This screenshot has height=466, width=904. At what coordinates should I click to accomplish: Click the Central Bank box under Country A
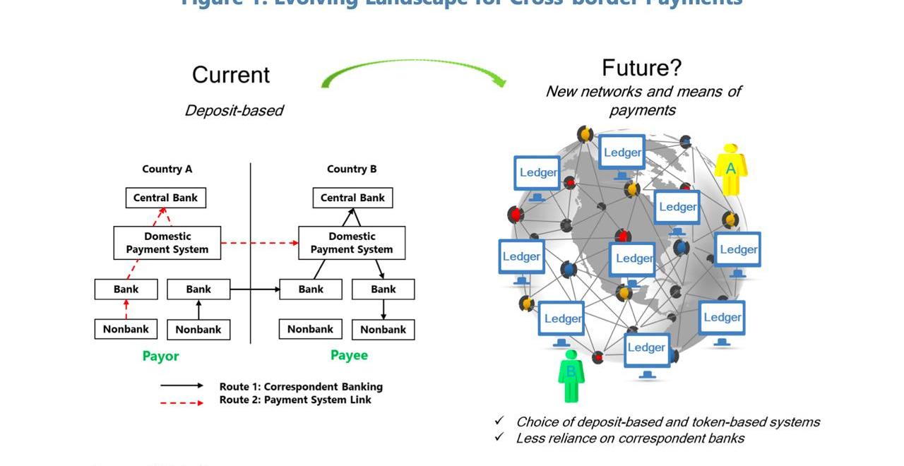(166, 198)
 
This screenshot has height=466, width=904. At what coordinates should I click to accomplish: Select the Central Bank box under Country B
(352, 198)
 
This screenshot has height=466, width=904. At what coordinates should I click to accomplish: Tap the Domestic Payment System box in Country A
(167, 243)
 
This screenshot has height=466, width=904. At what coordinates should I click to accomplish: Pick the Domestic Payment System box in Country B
(352, 243)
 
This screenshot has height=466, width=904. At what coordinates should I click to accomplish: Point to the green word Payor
(160, 356)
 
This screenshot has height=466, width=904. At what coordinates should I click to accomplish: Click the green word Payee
(349, 355)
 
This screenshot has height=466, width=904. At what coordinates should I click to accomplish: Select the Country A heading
(167, 169)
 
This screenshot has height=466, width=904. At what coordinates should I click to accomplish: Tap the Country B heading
(352, 169)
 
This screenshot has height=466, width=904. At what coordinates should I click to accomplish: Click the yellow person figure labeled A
(730, 169)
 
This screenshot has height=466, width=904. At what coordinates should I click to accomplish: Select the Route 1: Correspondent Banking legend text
(301, 386)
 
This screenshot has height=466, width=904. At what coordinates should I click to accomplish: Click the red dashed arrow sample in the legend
(182, 402)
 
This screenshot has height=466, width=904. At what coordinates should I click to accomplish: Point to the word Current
(231, 75)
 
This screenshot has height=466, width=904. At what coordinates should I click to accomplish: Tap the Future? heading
(641, 68)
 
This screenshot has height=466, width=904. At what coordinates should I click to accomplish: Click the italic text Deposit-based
(234, 110)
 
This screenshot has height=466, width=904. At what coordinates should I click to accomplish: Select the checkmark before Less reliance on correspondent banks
(499, 438)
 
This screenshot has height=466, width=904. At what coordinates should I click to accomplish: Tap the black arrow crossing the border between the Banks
(254, 289)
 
